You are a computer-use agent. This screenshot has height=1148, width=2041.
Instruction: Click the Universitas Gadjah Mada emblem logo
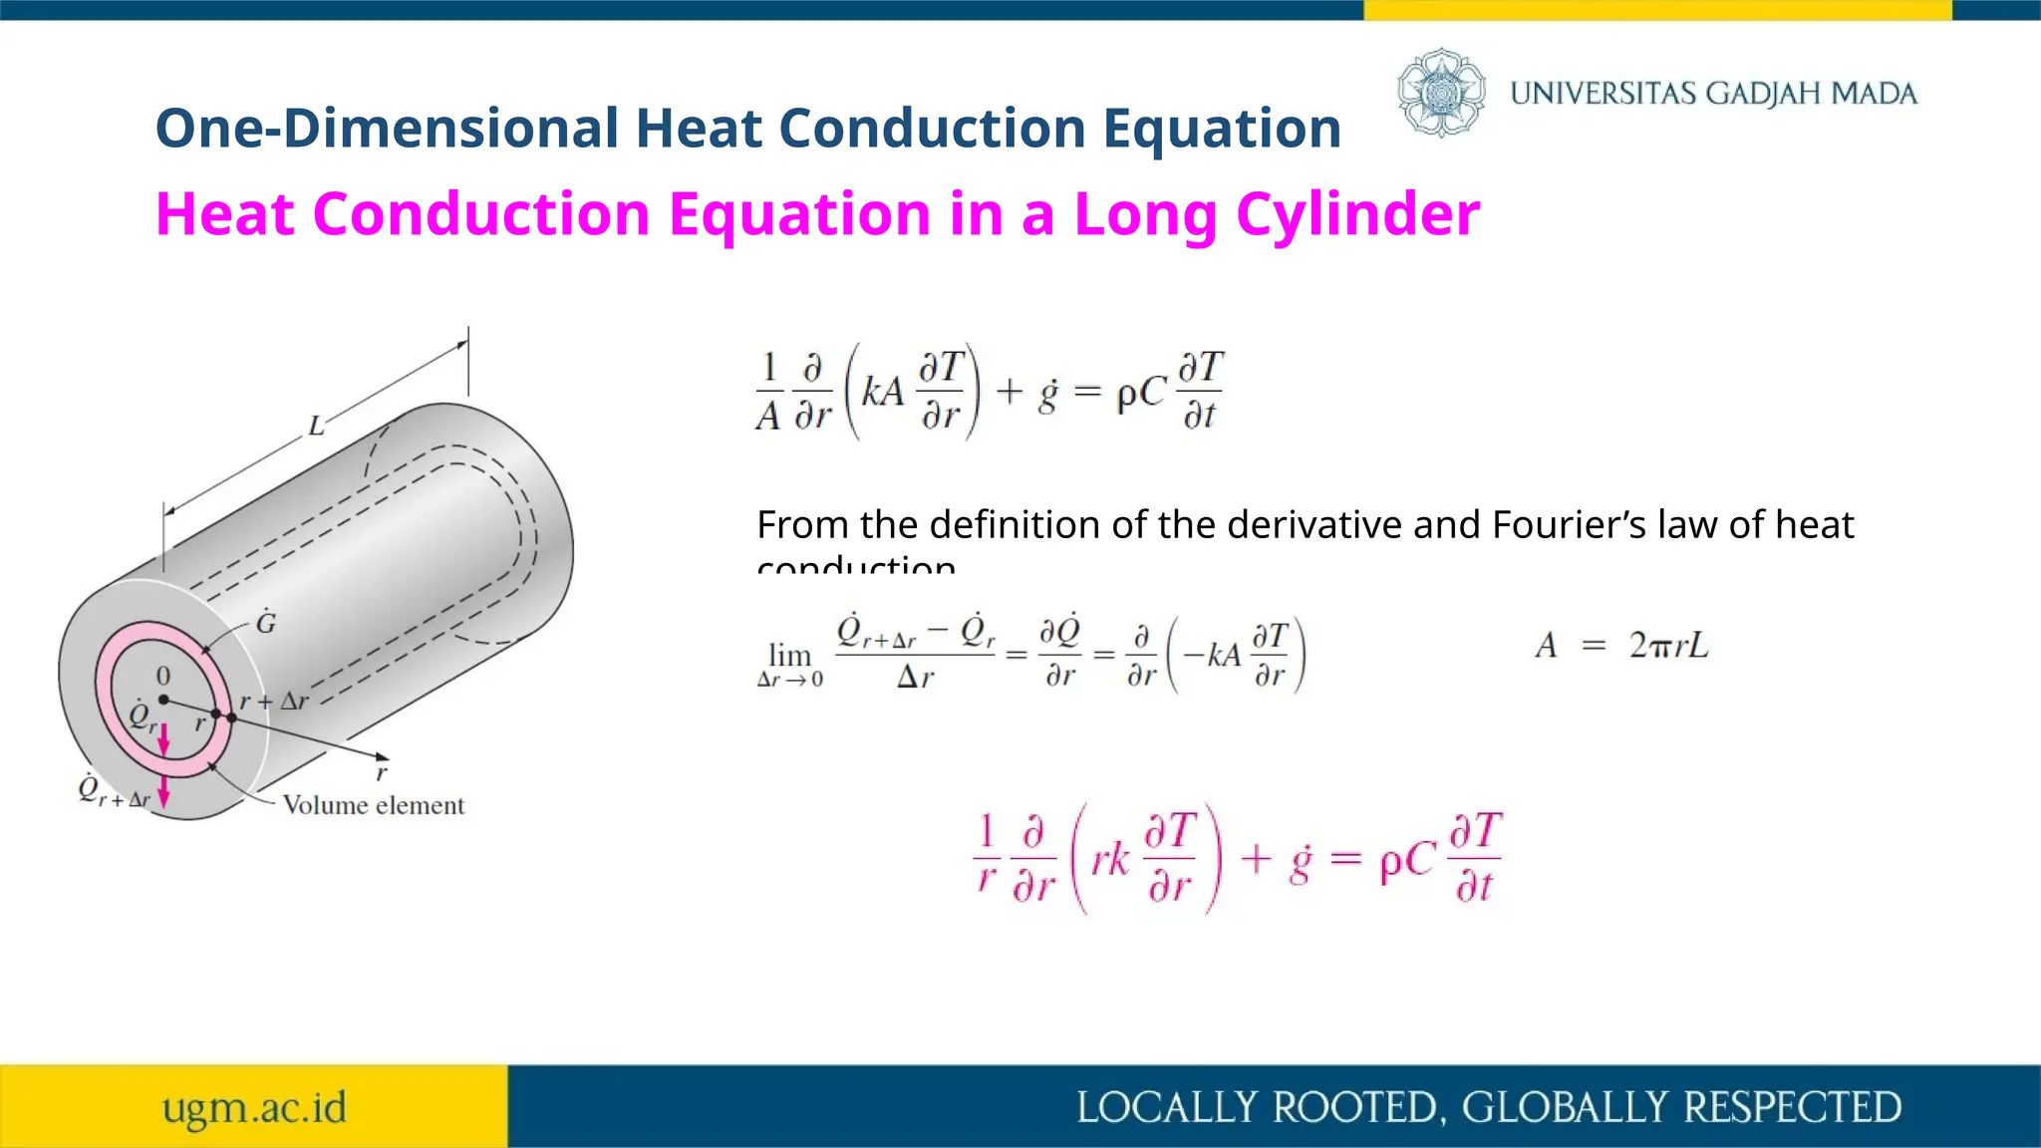coord(1441,93)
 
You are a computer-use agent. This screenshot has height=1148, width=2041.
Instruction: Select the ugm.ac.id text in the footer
coord(254,1107)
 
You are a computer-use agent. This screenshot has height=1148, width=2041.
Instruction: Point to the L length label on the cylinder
coord(316,427)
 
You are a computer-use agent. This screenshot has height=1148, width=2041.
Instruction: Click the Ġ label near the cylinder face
coord(266,623)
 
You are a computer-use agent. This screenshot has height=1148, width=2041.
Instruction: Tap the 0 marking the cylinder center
coord(163,677)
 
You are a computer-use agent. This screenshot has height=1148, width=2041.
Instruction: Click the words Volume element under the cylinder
coord(373,805)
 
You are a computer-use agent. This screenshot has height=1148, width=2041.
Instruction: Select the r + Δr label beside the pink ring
coord(274,701)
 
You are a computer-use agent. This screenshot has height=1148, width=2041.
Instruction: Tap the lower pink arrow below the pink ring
coord(164,792)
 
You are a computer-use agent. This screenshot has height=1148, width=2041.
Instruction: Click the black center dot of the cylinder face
coord(163,700)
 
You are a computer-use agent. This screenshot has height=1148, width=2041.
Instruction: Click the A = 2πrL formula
coord(1621,646)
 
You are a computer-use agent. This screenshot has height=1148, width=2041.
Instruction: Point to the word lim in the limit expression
coord(789,655)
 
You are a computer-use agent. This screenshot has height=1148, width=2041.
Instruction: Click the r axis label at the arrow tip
coord(381,772)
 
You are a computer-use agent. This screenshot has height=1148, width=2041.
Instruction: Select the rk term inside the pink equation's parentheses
coord(1109,859)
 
